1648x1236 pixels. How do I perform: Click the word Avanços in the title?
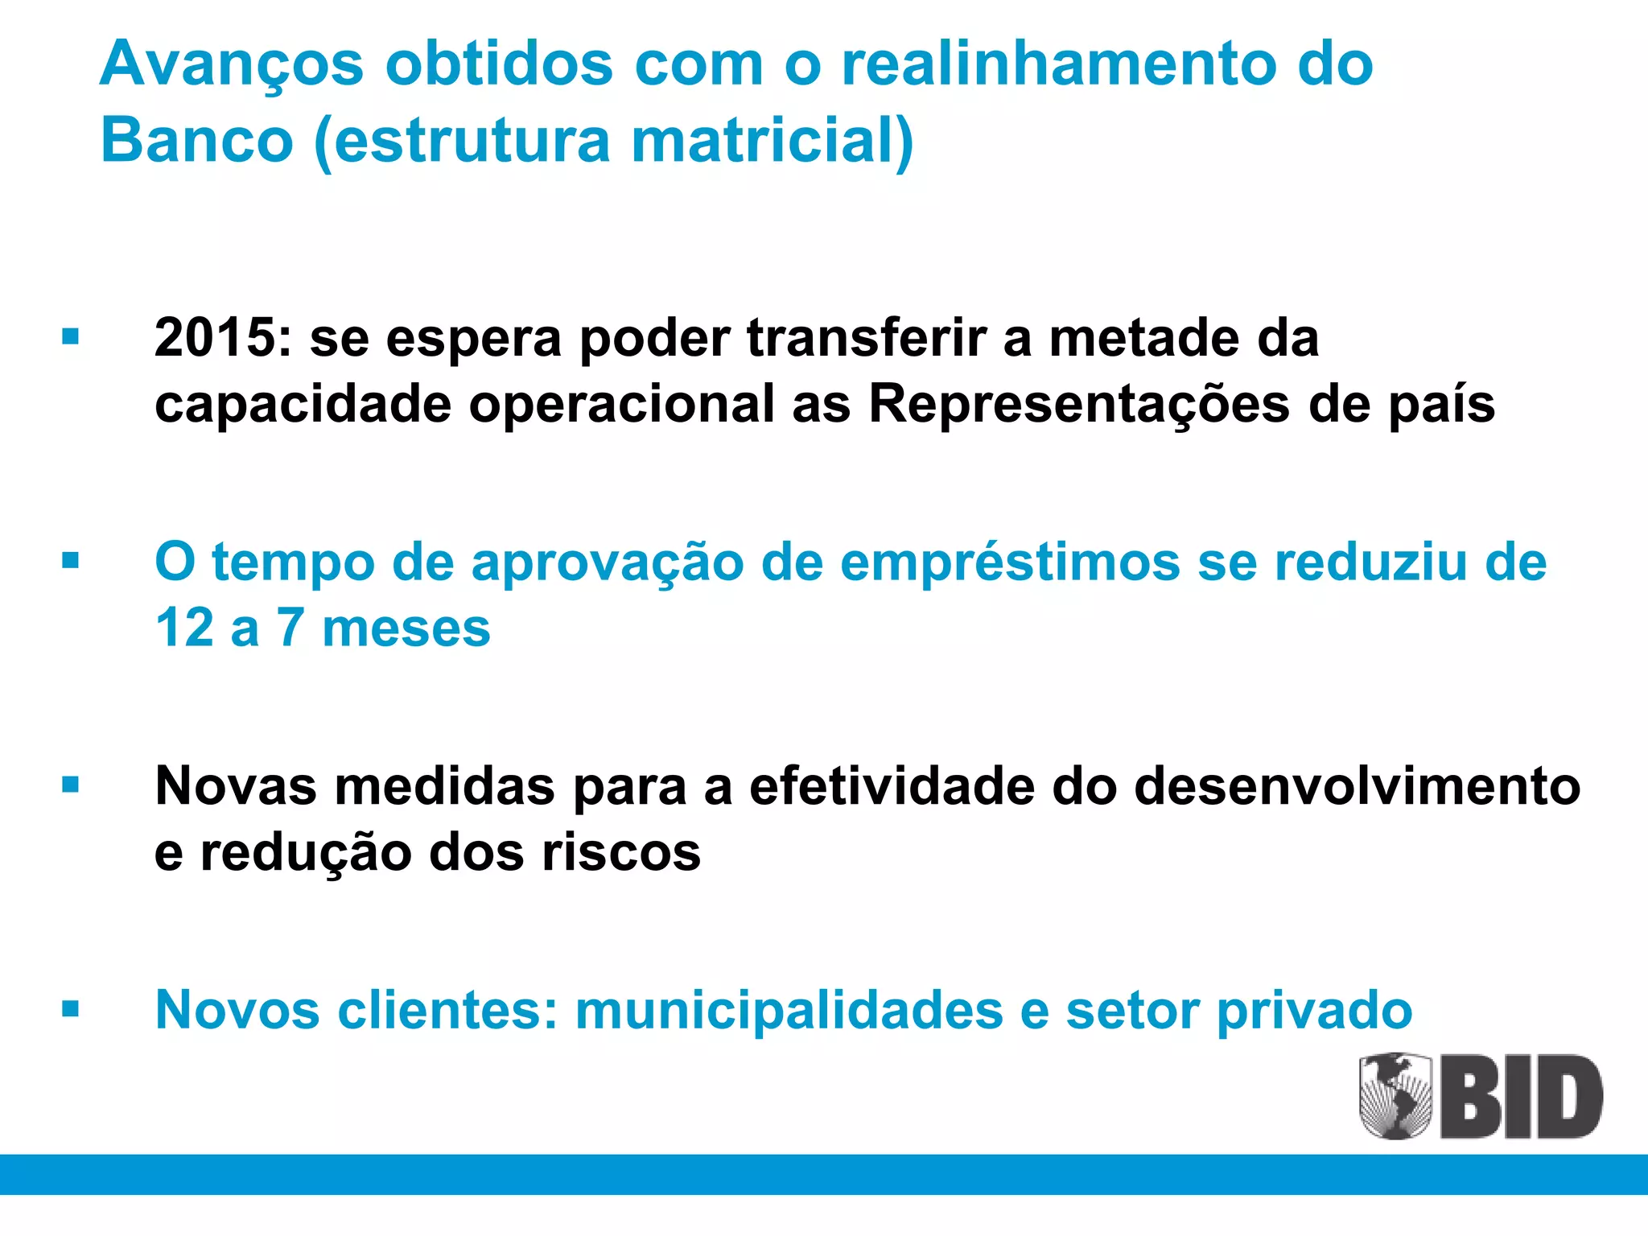(232, 64)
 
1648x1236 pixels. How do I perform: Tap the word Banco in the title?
(197, 140)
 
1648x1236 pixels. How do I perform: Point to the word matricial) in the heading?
(772, 140)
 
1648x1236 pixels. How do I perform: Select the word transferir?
(866, 337)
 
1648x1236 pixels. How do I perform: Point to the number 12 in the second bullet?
(184, 628)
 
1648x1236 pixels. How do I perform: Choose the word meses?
(406, 628)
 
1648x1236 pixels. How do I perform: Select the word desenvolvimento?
(1357, 786)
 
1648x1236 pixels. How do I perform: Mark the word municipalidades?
(789, 1010)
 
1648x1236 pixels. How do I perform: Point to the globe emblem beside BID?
(1395, 1096)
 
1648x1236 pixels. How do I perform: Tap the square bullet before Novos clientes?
(71, 1008)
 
